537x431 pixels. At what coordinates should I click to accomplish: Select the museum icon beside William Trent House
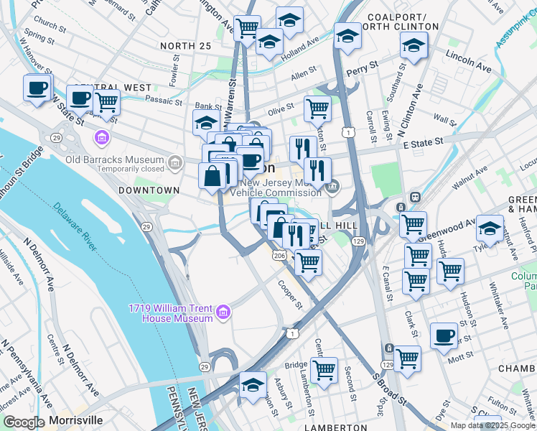(223, 312)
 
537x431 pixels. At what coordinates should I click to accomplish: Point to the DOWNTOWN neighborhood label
(149, 190)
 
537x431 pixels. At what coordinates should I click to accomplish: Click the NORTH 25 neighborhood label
(186, 46)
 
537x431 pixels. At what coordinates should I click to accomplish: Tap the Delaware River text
(75, 226)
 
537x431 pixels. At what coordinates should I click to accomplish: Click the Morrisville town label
(75, 420)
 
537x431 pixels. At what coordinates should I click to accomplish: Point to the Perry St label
(362, 68)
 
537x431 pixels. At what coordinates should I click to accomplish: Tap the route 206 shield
(279, 255)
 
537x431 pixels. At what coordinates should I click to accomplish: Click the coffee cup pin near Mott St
(444, 335)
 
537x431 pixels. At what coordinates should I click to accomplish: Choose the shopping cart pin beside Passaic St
(106, 102)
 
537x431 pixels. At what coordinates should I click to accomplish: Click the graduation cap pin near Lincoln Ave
(414, 45)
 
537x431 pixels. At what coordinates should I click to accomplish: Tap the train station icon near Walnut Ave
(414, 197)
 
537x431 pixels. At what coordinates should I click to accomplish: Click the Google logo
(24, 422)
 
